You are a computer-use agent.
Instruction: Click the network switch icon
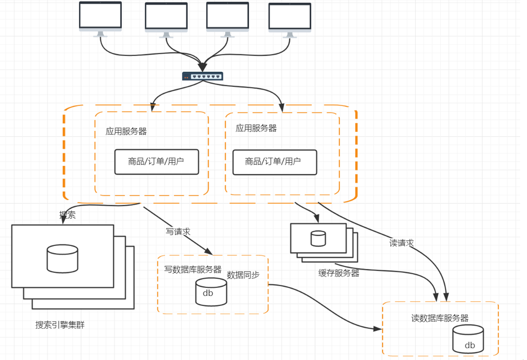[202, 76]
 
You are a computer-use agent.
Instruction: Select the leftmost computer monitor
[100, 18]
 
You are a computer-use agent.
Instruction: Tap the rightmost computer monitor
[290, 20]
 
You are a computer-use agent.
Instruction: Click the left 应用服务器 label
[126, 132]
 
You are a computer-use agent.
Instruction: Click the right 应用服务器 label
[256, 128]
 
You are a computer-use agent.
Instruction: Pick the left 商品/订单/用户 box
[156, 162]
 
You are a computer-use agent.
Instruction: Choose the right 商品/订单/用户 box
[274, 162]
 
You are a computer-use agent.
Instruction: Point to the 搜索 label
[67, 215]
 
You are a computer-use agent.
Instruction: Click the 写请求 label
[178, 232]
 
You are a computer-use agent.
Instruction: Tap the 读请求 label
[402, 243]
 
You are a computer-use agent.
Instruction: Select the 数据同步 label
[243, 275]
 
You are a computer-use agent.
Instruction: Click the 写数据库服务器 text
[193, 269]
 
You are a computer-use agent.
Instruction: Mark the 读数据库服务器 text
[440, 318]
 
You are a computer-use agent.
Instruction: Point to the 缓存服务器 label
[339, 273]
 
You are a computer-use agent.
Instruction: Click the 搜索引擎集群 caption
[60, 325]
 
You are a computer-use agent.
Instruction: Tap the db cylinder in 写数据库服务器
[211, 292]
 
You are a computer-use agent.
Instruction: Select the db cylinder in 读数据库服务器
[468, 339]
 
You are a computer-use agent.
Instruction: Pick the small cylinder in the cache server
[318, 239]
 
